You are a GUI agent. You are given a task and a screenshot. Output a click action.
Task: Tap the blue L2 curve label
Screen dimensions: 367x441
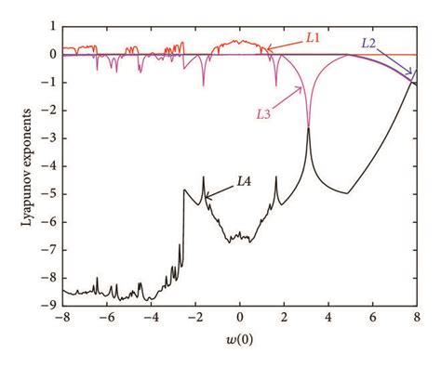click(369, 43)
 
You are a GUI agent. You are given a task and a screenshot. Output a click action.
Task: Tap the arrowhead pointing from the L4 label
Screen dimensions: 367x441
click(207, 194)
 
